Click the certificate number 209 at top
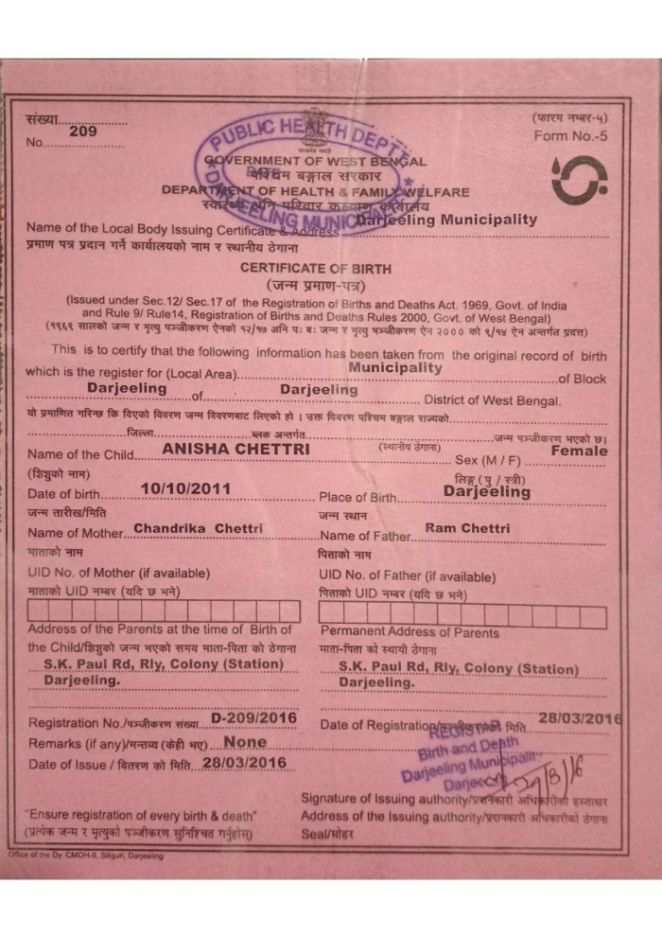tap(83, 133)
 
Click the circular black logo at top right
tap(579, 180)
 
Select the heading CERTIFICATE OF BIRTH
tap(315, 269)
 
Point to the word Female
tap(580, 451)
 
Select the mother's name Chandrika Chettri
tap(198, 527)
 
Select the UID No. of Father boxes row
tap(462, 617)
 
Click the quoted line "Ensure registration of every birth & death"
tap(141, 815)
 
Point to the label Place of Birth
tap(358, 497)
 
